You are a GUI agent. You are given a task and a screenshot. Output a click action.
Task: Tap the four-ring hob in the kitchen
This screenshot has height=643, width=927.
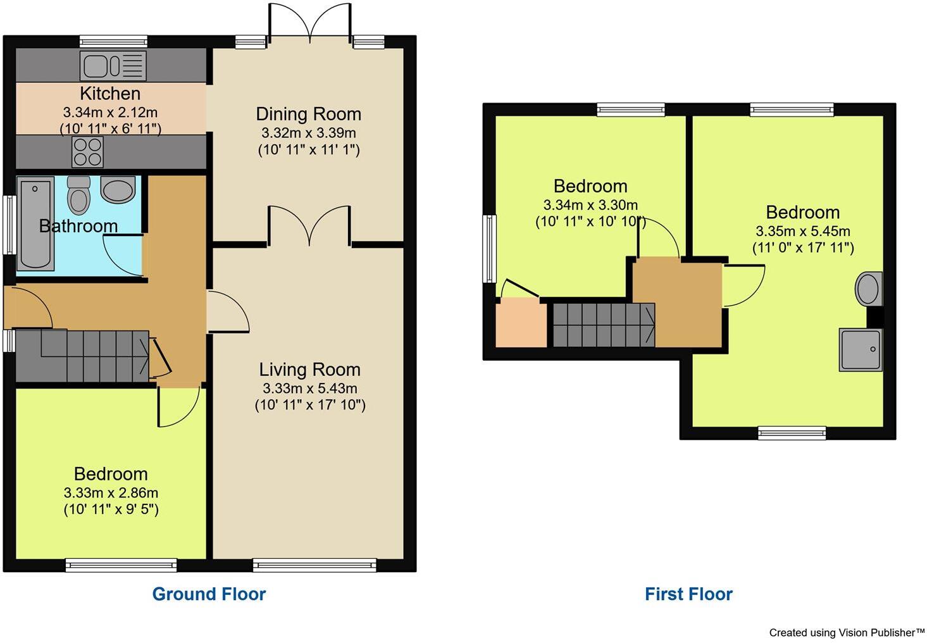pos(87,152)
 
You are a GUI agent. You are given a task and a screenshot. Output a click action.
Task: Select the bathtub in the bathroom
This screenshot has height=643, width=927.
pos(35,224)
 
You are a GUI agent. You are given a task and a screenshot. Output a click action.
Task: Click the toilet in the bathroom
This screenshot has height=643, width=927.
pos(78,194)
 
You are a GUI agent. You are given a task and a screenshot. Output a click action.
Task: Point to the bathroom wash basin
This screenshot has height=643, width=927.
pos(118,189)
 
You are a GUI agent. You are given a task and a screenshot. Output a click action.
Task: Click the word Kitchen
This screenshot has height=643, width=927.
pos(110,94)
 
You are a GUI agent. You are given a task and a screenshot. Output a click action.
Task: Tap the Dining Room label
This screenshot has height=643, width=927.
pos(308,114)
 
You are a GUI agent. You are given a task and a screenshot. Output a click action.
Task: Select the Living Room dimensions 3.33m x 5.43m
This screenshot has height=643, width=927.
pos(309,389)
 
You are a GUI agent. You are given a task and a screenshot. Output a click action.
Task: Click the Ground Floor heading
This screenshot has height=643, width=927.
pos(209,594)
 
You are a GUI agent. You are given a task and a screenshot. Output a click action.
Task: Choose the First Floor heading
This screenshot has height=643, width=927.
pos(688,594)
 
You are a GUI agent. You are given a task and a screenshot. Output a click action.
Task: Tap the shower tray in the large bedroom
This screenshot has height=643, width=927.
pos(860,349)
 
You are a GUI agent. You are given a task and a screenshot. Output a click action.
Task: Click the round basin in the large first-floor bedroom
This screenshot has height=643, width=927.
pos(868,289)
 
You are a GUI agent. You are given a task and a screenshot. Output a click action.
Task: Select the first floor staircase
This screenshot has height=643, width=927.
pos(604,325)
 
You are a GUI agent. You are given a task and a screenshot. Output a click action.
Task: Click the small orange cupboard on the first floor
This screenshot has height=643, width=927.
pos(520,324)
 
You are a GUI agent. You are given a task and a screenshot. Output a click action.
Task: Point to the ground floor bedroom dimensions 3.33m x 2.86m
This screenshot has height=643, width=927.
pos(111,493)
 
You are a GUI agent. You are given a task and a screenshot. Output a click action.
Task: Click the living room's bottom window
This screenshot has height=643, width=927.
pos(314,565)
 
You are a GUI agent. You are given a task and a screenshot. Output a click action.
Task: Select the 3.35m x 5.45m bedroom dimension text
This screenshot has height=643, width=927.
pos(802,231)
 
